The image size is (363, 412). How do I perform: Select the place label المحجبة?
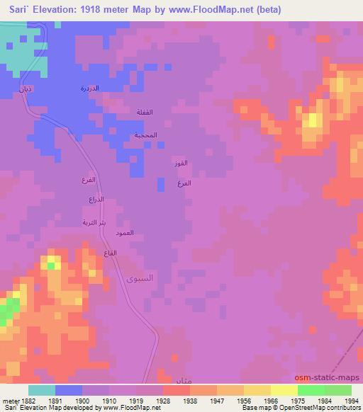(146, 135)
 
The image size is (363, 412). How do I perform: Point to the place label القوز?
(181, 164)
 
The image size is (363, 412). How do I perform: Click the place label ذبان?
(23, 89)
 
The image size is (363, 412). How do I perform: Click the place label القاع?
(110, 253)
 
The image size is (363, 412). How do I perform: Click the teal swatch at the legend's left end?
(42, 390)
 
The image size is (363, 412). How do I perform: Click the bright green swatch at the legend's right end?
(337, 390)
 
